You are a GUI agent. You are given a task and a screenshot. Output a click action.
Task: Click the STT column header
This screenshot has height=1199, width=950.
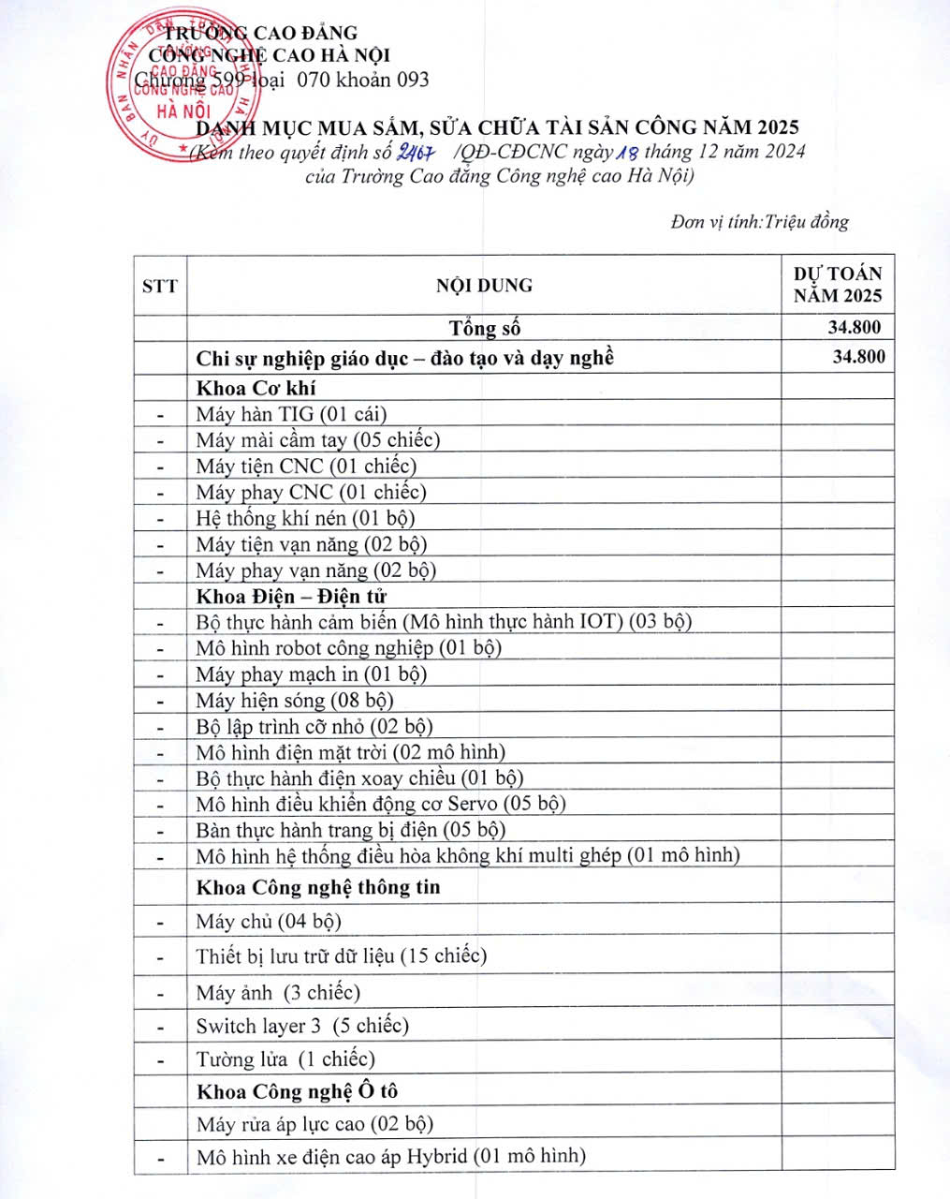click(159, 286)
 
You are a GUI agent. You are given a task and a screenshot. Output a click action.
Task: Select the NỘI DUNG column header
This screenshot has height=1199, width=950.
click(484, 285)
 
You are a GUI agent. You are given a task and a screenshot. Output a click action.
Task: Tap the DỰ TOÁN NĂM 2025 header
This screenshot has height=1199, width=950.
click(838, 284)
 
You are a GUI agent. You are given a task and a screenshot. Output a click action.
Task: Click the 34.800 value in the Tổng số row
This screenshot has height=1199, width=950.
click(854, 327)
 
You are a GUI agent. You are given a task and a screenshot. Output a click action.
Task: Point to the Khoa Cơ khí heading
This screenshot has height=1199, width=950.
click(256, 388)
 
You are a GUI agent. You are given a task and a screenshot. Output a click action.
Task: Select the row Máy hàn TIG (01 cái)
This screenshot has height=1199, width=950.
click(291, 414)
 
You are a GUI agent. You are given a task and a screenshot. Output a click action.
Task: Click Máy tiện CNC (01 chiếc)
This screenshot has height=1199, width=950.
click(306, 466)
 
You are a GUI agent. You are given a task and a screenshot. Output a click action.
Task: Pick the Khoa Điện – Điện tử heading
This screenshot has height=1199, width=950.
click(291, 596)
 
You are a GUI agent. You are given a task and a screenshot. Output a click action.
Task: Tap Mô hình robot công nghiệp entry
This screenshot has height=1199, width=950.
click(348, 647)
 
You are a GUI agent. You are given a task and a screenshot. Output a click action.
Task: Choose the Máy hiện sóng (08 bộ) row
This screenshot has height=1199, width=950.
click(294, 700)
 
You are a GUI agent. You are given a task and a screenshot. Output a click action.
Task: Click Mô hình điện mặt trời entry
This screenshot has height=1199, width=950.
click(350, 751)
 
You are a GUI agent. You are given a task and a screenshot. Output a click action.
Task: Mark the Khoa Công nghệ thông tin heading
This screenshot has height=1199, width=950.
click(317, 887)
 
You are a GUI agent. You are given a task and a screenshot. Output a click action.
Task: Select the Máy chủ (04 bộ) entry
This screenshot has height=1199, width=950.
click(269, 921)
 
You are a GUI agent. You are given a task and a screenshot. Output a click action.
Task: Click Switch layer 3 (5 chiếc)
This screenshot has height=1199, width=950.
click(302, 1026)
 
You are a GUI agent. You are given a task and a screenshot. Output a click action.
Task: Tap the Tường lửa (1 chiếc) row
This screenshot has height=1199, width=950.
click(285, 1059)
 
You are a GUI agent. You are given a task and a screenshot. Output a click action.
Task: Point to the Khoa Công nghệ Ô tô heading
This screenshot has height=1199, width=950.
click(297, 1091)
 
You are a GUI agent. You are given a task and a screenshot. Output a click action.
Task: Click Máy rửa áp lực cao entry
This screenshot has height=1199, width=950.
click(314, 1124)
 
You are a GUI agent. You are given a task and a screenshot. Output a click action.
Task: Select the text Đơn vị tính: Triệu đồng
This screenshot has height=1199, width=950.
click(759, 222)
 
